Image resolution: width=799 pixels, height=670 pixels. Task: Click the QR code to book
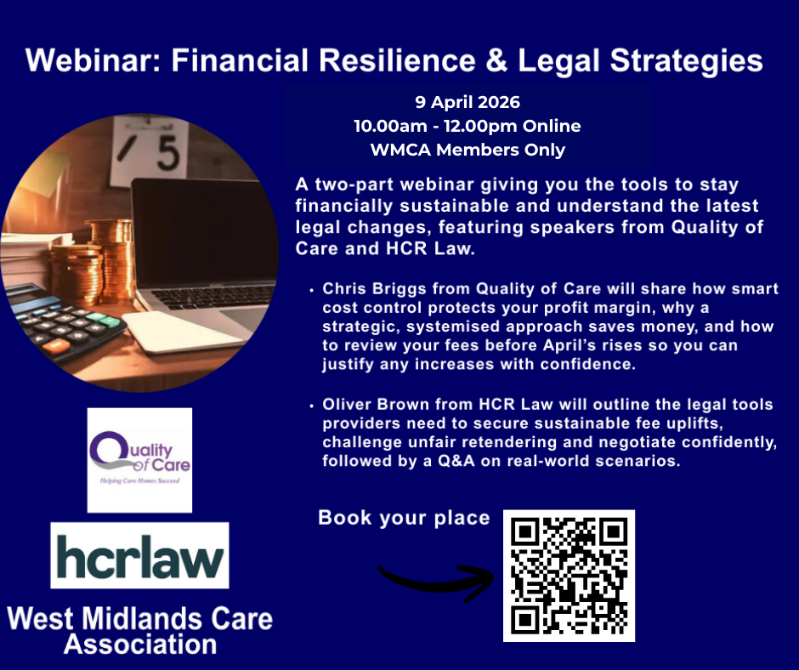pyautogui.click(x=569, y=575)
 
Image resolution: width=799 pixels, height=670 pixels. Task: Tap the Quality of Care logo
pyautogui.click(x=139, y=460)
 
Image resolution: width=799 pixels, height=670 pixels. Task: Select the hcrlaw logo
pyautogui.click(x=139, y=555)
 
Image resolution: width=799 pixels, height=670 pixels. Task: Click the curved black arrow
pyautogui.click(x=434, y=578)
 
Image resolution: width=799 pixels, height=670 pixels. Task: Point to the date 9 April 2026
pyautogui.click(x=467, y=103)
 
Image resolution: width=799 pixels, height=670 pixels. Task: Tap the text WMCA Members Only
pyautogui.click(x=467, y=150)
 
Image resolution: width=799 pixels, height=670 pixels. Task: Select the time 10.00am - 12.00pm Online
pyautogui.click(x=467, y=127)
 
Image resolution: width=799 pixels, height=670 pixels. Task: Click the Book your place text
pyautogui.click(x=404, y=518)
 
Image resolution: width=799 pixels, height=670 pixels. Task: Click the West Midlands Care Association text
pyautogui.click(x=140, y=630)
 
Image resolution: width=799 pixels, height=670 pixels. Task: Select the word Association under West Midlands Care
pyautogui.click(x=140, y=644)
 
